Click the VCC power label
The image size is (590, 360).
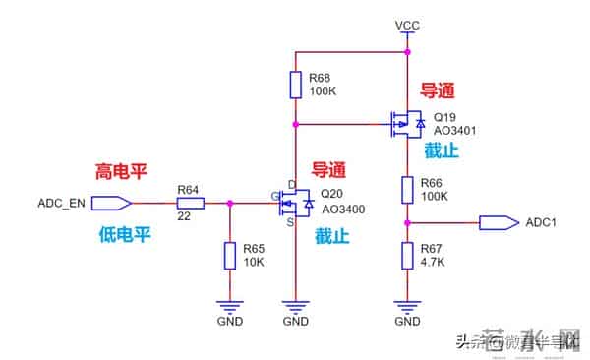[406, 24]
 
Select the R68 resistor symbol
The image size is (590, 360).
[295, 86]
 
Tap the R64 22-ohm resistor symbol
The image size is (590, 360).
[190, 204]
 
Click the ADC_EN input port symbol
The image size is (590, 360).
[115, 204]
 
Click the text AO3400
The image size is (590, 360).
[343, 210]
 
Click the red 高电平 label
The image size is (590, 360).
[121, 171]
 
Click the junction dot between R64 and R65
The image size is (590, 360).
[229, 204]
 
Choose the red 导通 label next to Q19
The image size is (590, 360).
[438, 90]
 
